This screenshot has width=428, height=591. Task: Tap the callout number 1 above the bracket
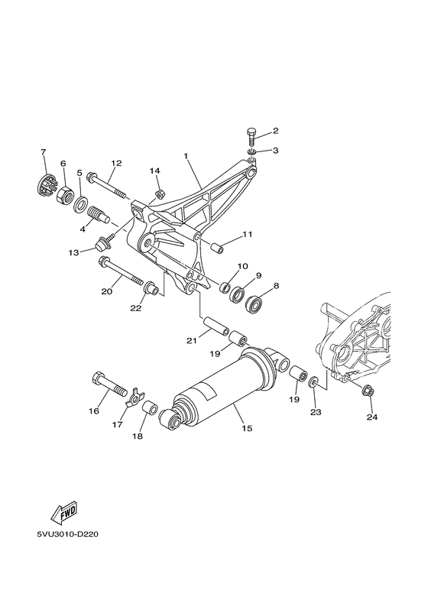pyautogui.click(x=185, y=155)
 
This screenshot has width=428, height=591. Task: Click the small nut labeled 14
pyautogui.click(x=159, y=193)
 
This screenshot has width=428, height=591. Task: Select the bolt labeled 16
pyautogui.click(x=108, y=382)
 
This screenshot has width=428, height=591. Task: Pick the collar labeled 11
pyautogui.click(x=215, y=247)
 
